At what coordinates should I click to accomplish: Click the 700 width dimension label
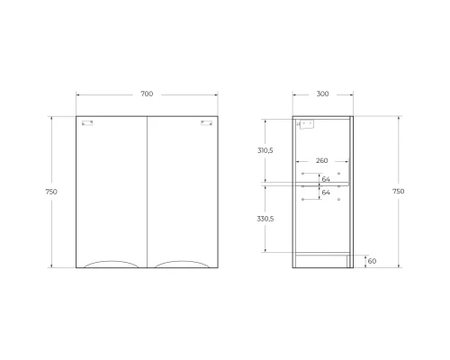click(x=148, y=94)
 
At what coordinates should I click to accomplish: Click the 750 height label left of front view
click(x=59, y=191)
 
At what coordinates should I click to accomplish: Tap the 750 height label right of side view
click(x=399, y=191)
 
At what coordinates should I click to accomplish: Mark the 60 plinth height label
click(x=373, y=261)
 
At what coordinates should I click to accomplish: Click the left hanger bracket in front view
click(x=87, y=122)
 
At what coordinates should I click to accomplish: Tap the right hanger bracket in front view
click(x=205, y=122)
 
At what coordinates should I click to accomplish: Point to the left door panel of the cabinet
click(x=112, y=189)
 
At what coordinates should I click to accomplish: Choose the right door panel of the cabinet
click(x=182, y=189)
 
